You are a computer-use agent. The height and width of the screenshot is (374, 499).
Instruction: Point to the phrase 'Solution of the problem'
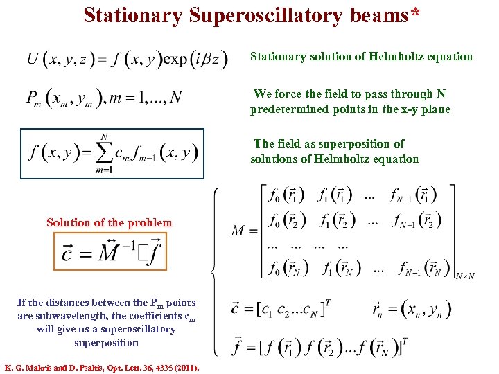[110, 222]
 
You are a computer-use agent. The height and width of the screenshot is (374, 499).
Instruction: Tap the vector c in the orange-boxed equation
[67, 253]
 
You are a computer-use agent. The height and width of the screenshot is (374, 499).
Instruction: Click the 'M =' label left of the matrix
[245, 231]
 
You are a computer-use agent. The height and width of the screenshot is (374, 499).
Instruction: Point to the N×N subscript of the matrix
[465, 276]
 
